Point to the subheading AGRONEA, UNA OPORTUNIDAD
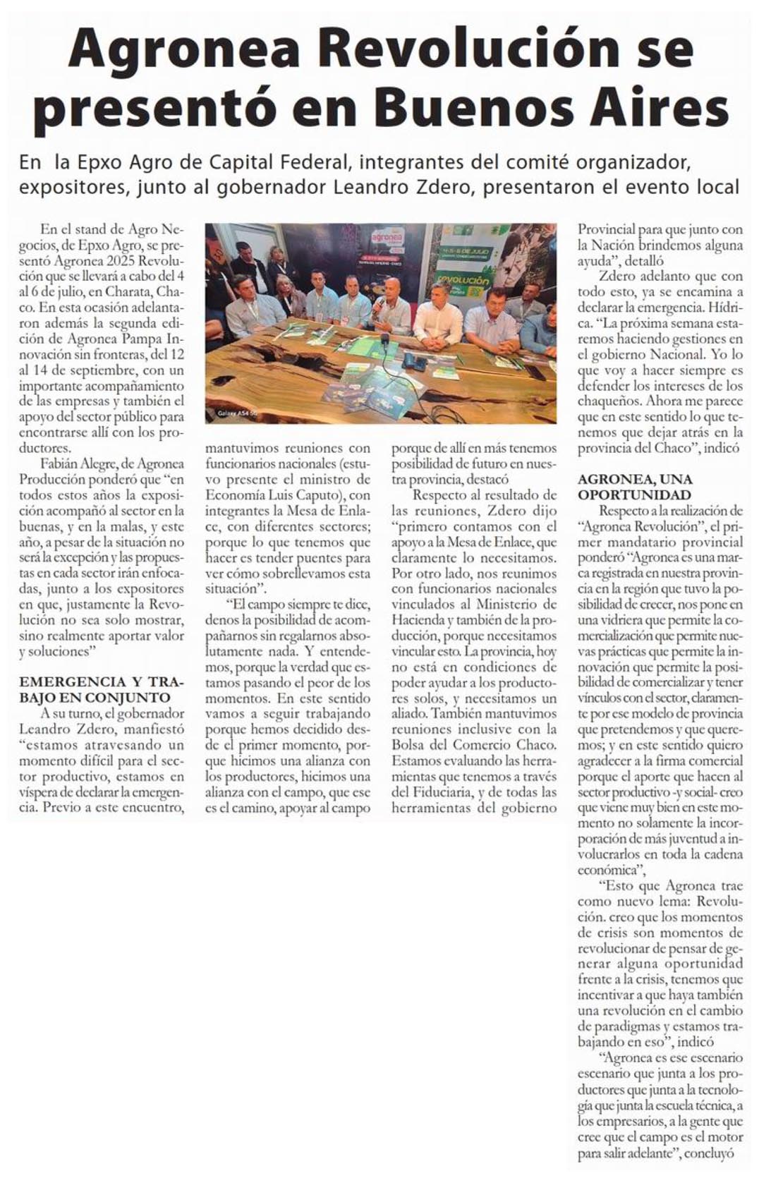(x=635, y=487)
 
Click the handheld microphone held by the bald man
(x=379, y=303)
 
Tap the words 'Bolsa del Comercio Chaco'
(x=474, y=745)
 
